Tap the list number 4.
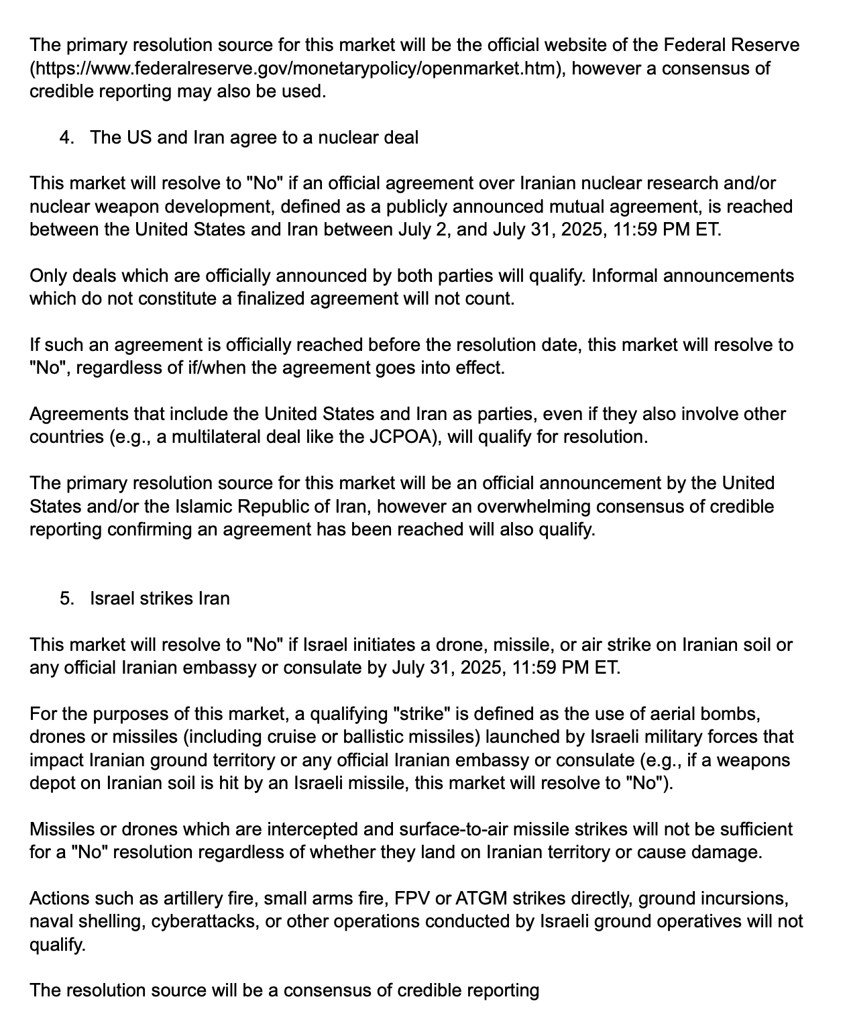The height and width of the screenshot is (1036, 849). (66, 138)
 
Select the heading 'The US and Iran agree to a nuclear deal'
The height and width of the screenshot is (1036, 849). (254, 138)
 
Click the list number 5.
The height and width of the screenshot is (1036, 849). (66, 599)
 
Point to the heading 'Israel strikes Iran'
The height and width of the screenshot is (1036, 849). (160, 599)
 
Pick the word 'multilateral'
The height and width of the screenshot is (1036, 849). (221, 437)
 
